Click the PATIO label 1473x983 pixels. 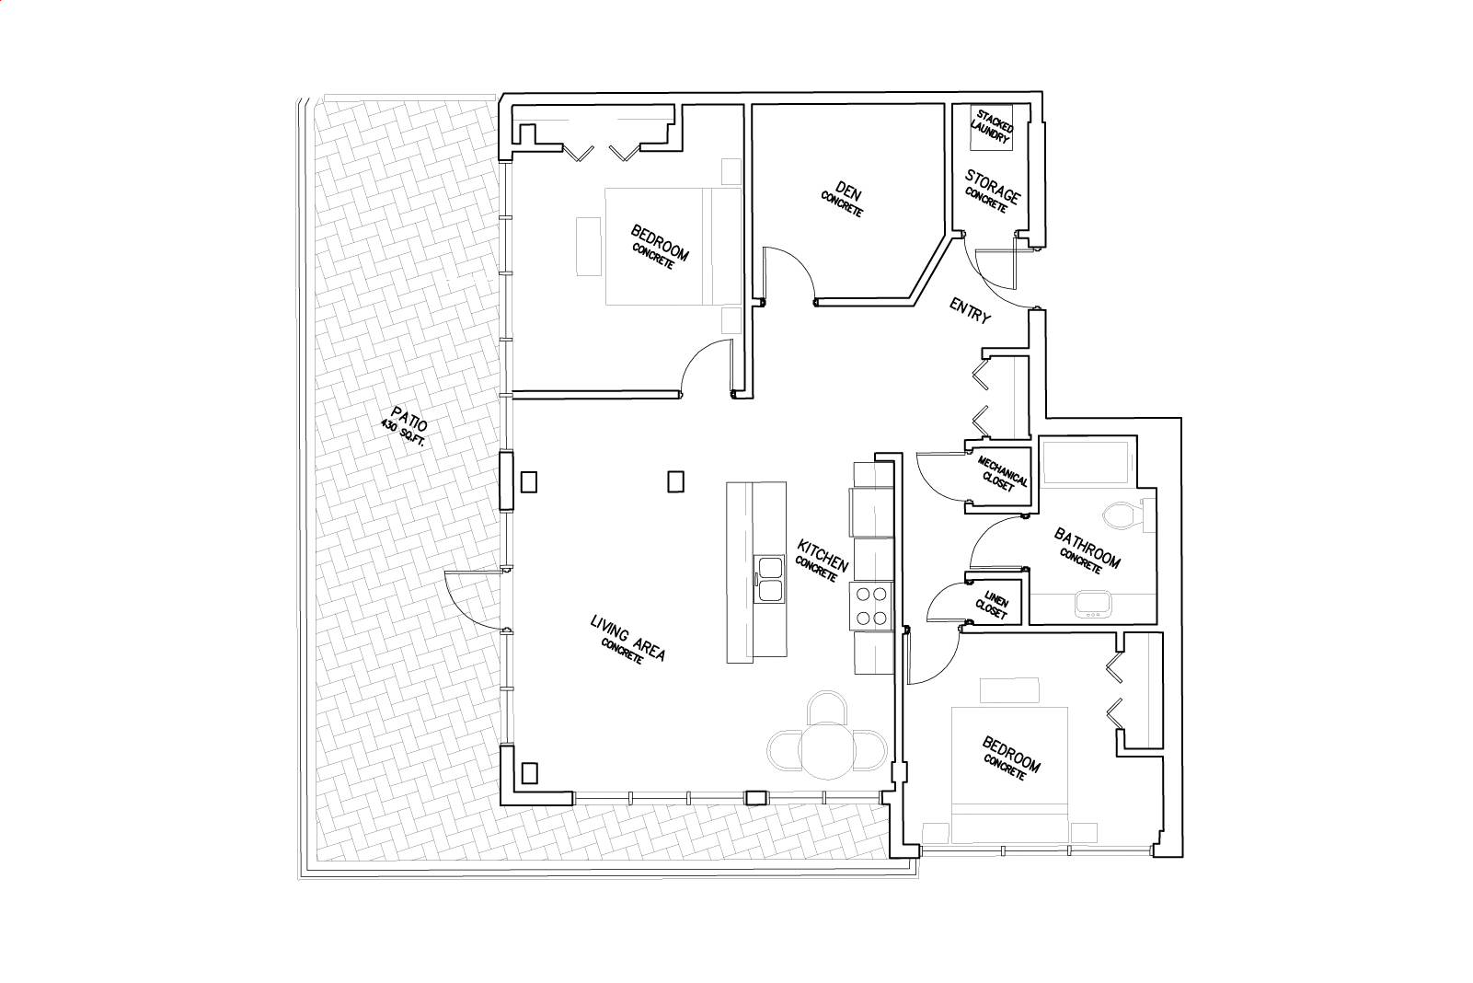pyautogui.click(x=409, y=419)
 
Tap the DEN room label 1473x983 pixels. pyautogui.click(x=848, y=192)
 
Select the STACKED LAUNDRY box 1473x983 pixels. pyautogui.click(x=993, y=127)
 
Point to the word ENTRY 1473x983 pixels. pyautogui.click(x=970, y=310)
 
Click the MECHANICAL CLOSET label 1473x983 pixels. pyautogui.click(x=1002, y=473)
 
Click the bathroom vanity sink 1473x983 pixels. pyautogui.click(x=1093, y=604)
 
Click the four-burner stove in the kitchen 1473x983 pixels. pyautogui.click(x=871, y=606)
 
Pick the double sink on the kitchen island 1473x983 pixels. pyautogui.click(x=769, y=579)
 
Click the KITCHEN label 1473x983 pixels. pyautogui.click(x=823, y=555)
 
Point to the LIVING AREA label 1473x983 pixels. pyautogui.click(x=628, y=638)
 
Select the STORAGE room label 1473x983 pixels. pyautogui.click(x=993, y=186)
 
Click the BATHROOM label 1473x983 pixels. pyautogui.click(x=1087, y=547)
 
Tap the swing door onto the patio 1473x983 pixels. pyautogui.click(x=474, y=599)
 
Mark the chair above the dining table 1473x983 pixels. pyautogui.click(x=826, y=706)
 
